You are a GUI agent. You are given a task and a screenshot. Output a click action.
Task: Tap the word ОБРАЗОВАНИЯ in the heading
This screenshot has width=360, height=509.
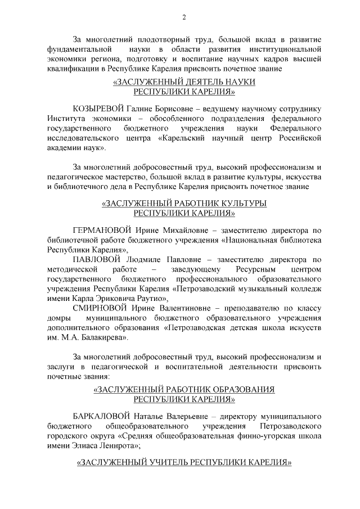tap(235, 389)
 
